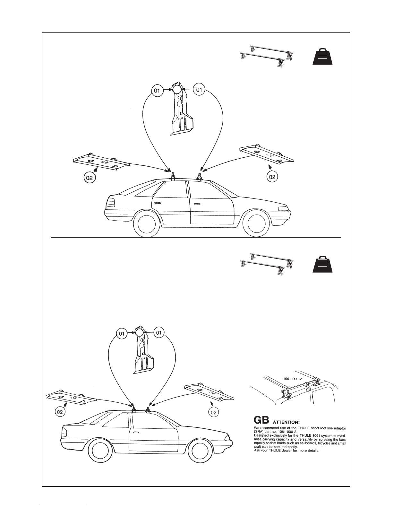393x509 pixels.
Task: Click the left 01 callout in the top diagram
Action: (157, 91)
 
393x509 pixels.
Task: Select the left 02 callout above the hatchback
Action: (90, 177)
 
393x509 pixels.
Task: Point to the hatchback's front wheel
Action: (256, 225)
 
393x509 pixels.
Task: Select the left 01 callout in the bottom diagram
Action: (122, 334)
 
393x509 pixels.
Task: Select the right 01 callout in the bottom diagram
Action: (158, 333)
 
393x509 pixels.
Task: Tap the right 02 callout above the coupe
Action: (214, 412)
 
